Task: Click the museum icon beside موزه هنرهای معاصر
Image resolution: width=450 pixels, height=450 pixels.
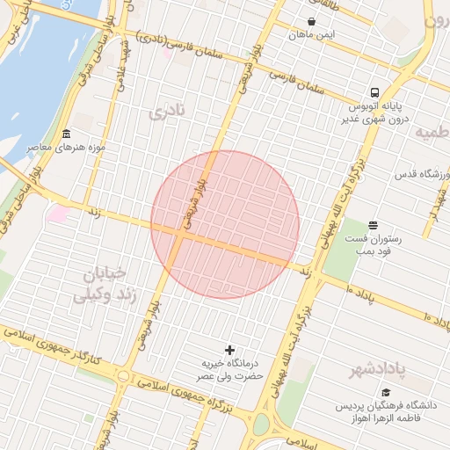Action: coord(67,134)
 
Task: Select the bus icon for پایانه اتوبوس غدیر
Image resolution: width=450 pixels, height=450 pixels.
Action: coord(375,92)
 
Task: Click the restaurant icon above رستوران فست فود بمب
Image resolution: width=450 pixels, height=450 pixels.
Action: coord(374,225)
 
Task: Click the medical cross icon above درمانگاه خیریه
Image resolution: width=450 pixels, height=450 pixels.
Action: coord(231,350)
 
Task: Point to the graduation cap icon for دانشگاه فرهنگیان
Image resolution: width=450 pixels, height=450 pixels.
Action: coord(388,392)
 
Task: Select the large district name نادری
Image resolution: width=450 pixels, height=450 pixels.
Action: coord(167,112)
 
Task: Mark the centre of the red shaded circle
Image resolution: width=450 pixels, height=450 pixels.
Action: coord(225,224)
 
